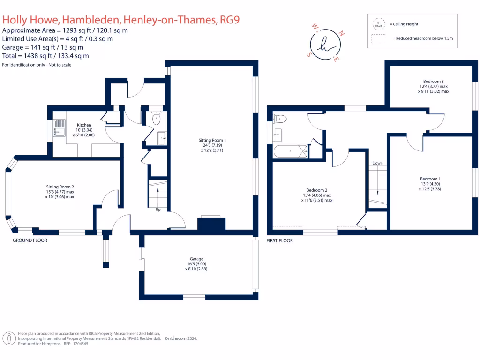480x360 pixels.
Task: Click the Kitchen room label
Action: pos(84,125)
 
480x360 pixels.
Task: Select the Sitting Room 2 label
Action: pos(60,187)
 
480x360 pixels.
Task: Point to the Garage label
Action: pos(196,259)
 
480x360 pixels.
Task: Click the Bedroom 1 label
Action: pos(430,179)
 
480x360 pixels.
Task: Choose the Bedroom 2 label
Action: pos(316,190)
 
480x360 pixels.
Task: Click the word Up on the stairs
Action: pos(158,210)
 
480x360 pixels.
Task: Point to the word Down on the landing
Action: pos(377,163)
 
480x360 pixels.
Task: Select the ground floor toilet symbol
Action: pos(157,119)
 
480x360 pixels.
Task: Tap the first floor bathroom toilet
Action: pos(279,118)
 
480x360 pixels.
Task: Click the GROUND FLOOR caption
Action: pos(30,240)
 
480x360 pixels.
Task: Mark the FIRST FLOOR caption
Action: pos(279,241)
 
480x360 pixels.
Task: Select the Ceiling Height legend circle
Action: pos(378,24)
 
